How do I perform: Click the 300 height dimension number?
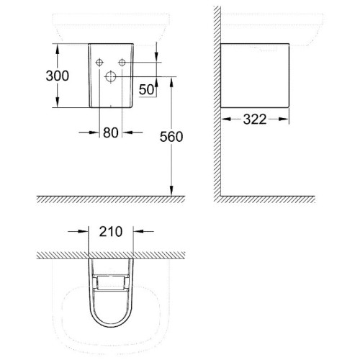click(x=58, y=76)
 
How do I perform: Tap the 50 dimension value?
click(x=146, y=90)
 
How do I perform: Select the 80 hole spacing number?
click(x=111, y=132)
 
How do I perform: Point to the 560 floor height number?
click(x=171, y=137)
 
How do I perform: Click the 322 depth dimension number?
click(x=255, y=120)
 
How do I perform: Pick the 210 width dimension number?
click(x=111, y=232)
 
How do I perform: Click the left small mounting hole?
click(x=99, y=63)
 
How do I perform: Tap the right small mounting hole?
click(x=122, y=63)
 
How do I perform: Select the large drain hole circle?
click(x=110, y=76)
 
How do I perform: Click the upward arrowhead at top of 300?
click(x=58, y=50)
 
